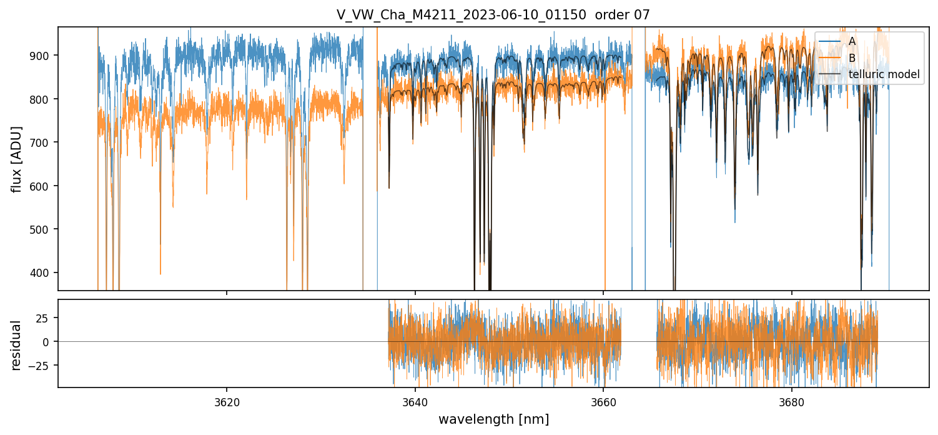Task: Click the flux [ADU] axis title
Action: [x=17, y=159]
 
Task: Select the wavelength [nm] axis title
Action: [x=493, y=419]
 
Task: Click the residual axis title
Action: [x=17, y=344]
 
